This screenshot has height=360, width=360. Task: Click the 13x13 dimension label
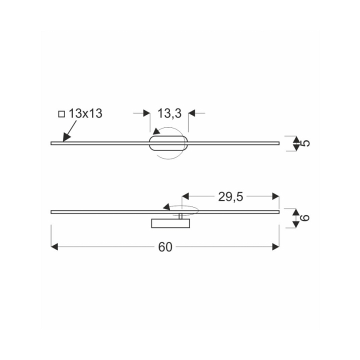(85, 113)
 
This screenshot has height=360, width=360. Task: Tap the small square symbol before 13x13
(61, 114)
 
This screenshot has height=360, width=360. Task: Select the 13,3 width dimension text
(169, 113)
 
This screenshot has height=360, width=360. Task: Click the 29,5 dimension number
(230, 197)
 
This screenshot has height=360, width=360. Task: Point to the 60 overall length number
(165, 247)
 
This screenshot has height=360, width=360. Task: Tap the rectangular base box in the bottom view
(170, 223)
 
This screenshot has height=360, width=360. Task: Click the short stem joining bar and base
(180, 216)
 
